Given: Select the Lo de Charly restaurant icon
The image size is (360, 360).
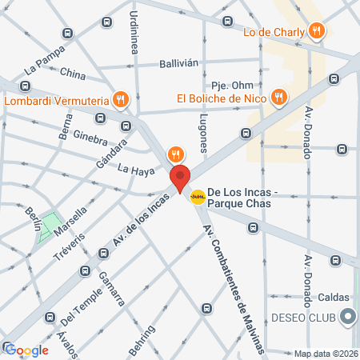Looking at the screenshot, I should point(317,30).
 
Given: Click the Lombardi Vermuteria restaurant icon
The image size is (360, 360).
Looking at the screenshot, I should point(120,99).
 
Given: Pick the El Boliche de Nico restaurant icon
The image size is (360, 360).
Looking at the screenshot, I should point(278,97).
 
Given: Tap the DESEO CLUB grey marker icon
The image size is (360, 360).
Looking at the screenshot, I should point(346,318).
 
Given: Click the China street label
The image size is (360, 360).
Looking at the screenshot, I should point(73,74).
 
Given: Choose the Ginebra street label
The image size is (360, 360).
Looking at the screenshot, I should point(89,135).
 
